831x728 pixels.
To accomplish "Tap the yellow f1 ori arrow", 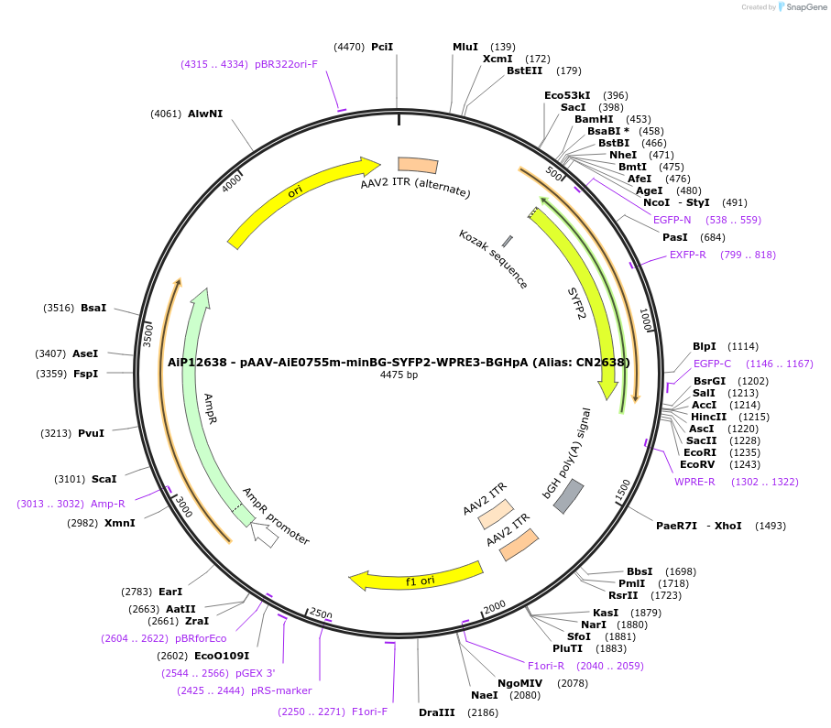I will point(417,576).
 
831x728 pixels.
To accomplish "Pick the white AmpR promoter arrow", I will point(266,536).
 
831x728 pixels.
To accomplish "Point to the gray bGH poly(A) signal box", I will point(568,495).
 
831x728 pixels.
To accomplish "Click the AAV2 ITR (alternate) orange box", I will point(417,165).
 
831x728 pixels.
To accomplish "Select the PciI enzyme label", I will point(382,47).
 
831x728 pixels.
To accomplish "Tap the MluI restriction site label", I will point(465,47).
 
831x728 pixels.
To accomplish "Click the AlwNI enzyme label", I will point(205,114).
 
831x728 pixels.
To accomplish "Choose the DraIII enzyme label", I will point(436,712).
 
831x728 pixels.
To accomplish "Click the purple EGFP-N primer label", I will point(672,220).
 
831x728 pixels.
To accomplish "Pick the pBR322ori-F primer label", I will point(286,64).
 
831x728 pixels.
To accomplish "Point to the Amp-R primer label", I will point(108,504).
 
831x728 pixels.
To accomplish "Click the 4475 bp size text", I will point(399,375).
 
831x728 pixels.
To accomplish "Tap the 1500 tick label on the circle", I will point(622,489).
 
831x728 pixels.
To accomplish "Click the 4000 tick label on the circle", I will point(231,182).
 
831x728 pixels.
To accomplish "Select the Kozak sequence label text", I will point(493,259).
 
